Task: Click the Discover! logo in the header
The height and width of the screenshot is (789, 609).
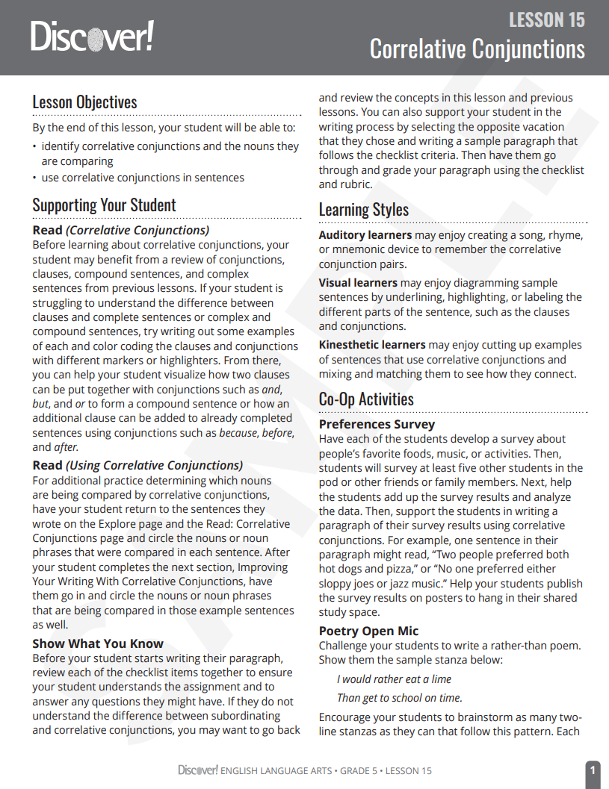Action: [x=92, y=36]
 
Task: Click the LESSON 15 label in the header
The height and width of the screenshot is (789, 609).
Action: [x=546, y=19]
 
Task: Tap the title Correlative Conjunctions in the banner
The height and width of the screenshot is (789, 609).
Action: [x=477, y=49]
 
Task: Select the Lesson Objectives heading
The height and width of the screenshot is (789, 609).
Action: [x=84, y=102]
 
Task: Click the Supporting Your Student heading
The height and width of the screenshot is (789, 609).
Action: [x=104, y=205]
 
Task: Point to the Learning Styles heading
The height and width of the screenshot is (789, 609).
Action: [x=363, y=210]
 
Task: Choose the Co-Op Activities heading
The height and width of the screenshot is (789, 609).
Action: [x=366, y=399]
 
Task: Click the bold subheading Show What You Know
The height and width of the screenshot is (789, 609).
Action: [x=98, y=643]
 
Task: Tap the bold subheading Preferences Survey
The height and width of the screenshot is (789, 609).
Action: [x=377, y=425]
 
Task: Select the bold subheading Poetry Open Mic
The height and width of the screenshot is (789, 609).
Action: [x=368, y=631]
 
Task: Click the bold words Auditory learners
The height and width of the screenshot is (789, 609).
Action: [x=365, y=235]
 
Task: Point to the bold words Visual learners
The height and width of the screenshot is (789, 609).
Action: [x=358, y=283]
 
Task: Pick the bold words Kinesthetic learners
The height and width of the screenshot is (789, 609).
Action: [x=372, y=345]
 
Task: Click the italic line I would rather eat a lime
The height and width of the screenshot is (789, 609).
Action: [x=394, y=679]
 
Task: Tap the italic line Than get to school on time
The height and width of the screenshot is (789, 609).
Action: [x=399, y=698]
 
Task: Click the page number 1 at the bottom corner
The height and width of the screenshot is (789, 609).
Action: [x=592, y=770]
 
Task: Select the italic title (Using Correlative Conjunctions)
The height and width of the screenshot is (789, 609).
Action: [x=155, y=466]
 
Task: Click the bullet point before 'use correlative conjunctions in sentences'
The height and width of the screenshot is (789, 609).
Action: [x=34, y=178]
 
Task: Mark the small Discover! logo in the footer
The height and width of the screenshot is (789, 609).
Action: [x=198, y=770]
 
